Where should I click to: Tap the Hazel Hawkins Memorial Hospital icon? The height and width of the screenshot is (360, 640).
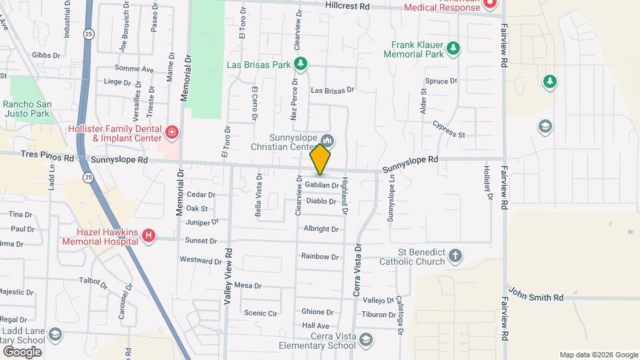[x=149, y=235]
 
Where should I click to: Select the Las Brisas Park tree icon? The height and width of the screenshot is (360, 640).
[x=301, y=64]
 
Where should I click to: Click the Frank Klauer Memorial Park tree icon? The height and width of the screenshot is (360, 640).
[x=453, y=48]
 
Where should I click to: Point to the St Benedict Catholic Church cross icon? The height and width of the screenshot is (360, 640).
[x=455, y=255]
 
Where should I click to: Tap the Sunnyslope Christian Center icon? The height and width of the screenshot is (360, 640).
[x=328, y=141]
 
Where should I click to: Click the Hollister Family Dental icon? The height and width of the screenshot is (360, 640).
[x=172, y=133]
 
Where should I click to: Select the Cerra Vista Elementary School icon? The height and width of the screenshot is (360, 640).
[x=365, y=340]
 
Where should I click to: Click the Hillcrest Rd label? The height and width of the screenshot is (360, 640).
[x=347, y=6]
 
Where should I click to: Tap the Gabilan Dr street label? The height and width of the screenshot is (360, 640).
[x=321, y=185]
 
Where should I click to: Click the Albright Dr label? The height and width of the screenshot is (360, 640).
[x=321, y=229]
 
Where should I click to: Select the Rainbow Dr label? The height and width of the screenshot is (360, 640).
[x=319, y=256]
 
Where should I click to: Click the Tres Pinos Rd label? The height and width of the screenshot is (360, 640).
[x=47, y=158]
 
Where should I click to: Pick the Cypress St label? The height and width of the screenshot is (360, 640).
[x=448, y=129]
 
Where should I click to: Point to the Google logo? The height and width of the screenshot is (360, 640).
[x=22, y=351]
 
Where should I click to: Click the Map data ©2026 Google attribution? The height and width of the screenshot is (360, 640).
[x=599, y=355]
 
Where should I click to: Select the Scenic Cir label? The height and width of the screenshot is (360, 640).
[x=260, y=313]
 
